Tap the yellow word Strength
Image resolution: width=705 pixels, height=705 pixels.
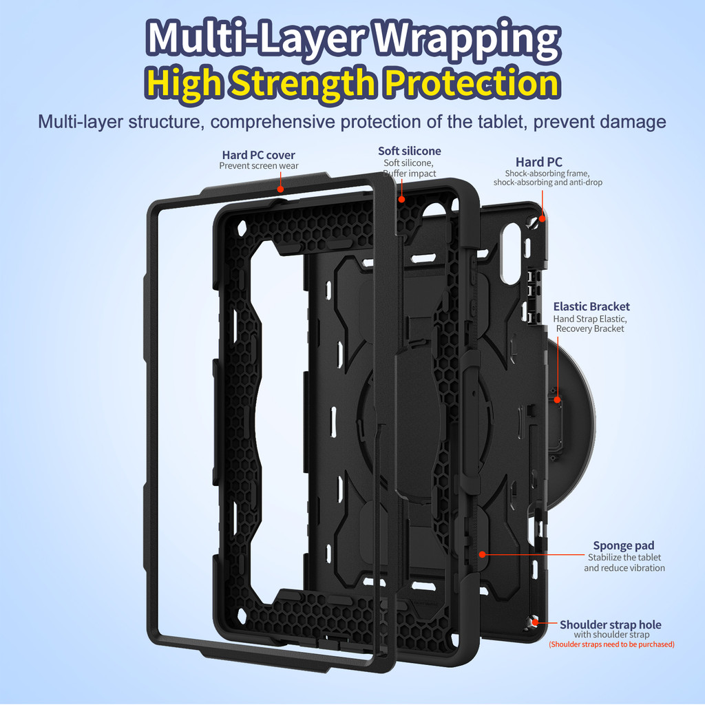pyautogui.click(x=304, y=83)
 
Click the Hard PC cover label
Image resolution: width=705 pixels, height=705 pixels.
pyautogui.click(x=259, y=155)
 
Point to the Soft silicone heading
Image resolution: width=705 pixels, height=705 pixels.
pyautogui.click(x=409, y=151)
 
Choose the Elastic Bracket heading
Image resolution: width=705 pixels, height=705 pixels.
pyautogui.click(x=591, y=306)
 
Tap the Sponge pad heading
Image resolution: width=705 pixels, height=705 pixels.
pyautogui.click(x=624, y=545)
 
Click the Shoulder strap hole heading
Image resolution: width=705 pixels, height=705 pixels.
pyautogui.click(x=610, y=624)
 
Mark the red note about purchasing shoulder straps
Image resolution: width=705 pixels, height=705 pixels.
pyautogui.click(x=611, y=644)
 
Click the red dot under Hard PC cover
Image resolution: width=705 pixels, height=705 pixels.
pyautogui.click(x=280, y=189)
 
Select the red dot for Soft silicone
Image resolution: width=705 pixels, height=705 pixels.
pyautogui.click(x=401, y=199)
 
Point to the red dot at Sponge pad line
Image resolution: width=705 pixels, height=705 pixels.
pyautogui.click(x=483, y=554)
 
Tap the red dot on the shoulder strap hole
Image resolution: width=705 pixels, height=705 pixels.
pyautogui.click(x=535, y=622)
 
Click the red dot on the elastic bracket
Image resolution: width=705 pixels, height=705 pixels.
pyautogui.click(x=558, y=399)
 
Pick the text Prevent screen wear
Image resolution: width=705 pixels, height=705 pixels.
pyautogui.click(x=259, y=166)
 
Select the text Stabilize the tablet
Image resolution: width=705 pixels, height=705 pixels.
pyautogui.click(x=624, y=558)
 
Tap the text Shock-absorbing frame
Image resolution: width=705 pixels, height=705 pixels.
pyautogui.click(x=547, y=173)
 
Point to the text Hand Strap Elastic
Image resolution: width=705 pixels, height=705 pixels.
pyautogui.click(x=590, y=319)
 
